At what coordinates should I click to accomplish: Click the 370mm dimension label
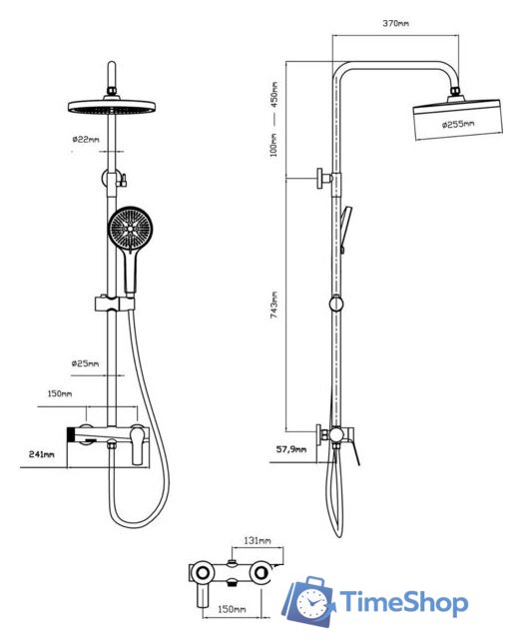coord(395,23)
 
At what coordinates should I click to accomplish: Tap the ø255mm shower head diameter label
coord(458,124)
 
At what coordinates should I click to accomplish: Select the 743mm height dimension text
coord(274,305)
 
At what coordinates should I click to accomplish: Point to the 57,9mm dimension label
coord(291,449)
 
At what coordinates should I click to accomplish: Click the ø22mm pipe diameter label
coord(86,140)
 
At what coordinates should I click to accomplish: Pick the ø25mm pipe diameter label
coord(85,363)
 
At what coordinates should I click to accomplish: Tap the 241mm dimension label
coord(42,454)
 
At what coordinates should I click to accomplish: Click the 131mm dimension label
coord(258,541)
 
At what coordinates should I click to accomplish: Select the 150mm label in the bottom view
coord(232,609)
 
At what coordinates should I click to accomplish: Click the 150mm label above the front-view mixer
coord(60,393)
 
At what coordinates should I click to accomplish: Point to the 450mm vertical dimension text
coord(274,95)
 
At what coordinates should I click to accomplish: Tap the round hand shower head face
coord(131,229)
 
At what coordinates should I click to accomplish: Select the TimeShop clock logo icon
coord(308,601)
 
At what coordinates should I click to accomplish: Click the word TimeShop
coord(403,602)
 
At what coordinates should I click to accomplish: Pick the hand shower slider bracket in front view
coord(115,304)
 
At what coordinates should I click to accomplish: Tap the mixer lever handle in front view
coord(138,445)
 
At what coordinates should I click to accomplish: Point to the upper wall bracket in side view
coord(325,179)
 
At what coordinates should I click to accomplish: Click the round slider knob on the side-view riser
coord(336,304)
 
